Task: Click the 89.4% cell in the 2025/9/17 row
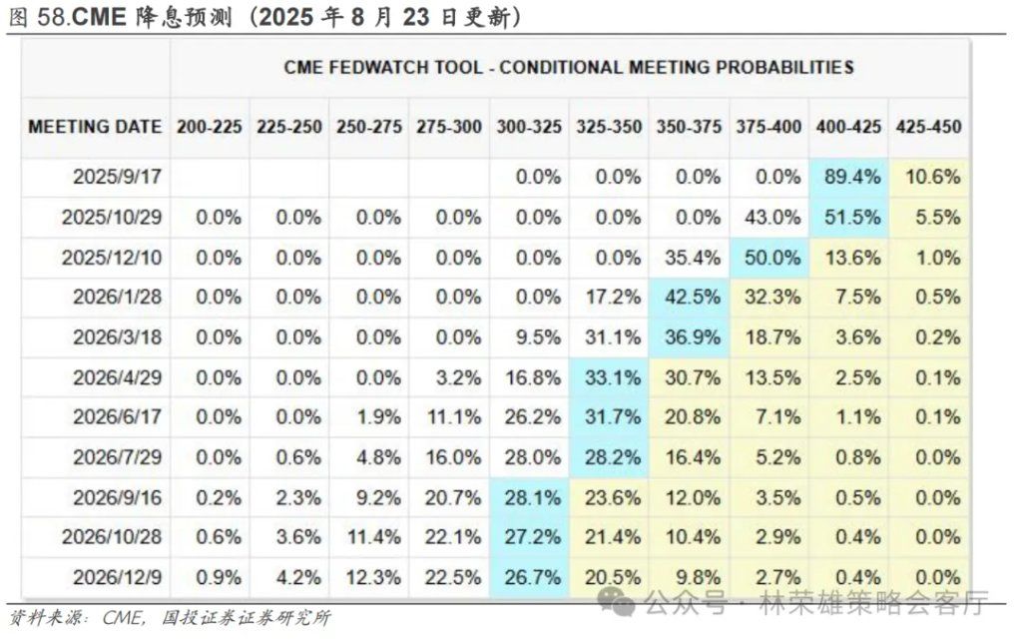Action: [x=848, y=177]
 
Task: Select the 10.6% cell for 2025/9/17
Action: [x=928, y=177]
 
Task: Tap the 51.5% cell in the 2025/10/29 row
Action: [x=848, y=217]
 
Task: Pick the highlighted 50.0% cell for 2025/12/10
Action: [x=768, y=257]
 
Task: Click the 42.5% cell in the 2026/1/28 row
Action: [x=689, y=297]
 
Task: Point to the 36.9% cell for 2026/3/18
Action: [x=689, y=336]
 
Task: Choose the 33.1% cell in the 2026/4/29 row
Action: [x=609, y=377]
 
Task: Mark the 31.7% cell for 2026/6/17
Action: [x=609, y=417]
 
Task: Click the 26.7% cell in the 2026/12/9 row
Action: [x=529, y=577]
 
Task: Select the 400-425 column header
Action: [x=848, y=127]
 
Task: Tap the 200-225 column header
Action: [x=210, y=127]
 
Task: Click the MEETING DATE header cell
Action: [x=95, y=127]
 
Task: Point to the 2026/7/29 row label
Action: [x=117, y=457]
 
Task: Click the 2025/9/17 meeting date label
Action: [x=117, y=177]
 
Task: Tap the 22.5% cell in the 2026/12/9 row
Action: [x=449, y=577]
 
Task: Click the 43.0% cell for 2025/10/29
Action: [x=768, y=217]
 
